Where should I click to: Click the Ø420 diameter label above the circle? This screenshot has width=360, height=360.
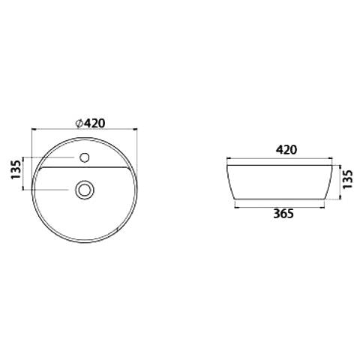91,123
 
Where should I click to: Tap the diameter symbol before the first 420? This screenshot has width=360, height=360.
79,123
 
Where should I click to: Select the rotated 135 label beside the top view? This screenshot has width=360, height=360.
16,169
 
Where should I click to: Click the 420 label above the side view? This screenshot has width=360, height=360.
286,150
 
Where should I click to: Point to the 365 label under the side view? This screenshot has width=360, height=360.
283,214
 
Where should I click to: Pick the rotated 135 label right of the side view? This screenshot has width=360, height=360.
348,179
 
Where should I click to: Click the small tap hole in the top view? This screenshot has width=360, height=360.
85,157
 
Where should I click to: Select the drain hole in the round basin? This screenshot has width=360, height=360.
85,190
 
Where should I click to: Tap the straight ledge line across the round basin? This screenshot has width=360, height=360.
83,167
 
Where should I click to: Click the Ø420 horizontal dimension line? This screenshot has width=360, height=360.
84,130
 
